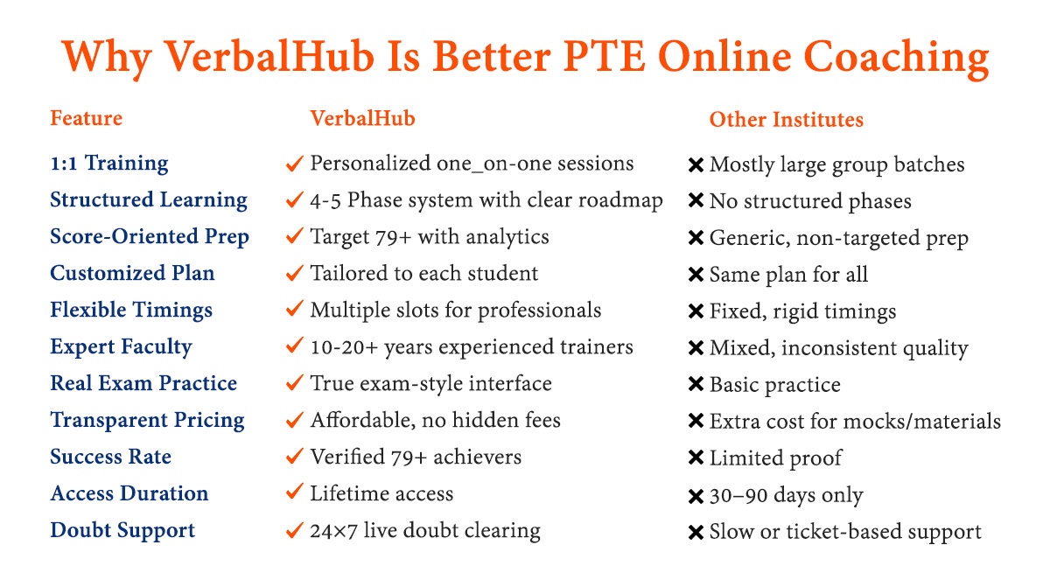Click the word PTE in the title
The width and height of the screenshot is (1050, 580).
[x=605, y=56]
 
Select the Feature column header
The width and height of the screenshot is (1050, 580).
[x=87, y=118]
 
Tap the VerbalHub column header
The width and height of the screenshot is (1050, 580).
[x=362, y=118]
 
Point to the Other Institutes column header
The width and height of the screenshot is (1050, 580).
[x=786, y=120]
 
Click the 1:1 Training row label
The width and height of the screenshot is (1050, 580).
[x=109, y=164]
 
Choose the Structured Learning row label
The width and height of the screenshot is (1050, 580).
[x=149, y=200]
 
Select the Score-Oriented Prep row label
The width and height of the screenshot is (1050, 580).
[x=150, y=236]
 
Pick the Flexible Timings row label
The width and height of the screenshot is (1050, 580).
[x=131, y=311]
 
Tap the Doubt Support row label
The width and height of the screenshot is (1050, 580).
[x=122, y=530]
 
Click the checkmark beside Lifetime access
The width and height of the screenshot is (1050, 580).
[x=294, y=492]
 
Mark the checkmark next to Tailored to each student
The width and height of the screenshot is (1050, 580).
[x=294, y=272]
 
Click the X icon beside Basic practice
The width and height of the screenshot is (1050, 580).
[x=696, y=384]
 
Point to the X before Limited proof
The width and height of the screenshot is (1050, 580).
[x=696, y=458]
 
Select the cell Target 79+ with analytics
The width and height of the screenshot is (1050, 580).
[x=430, y=237]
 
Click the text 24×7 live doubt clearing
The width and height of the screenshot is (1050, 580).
[x=425, y=531]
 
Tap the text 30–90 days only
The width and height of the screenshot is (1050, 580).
[x=786, y=495]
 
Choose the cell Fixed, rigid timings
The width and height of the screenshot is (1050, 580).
[x=802, y=311]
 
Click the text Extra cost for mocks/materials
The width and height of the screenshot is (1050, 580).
[x=855, y=421]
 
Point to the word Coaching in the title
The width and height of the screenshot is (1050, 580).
[x=896, y=58]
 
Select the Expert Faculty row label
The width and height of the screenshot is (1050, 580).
[x=121, y=346]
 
